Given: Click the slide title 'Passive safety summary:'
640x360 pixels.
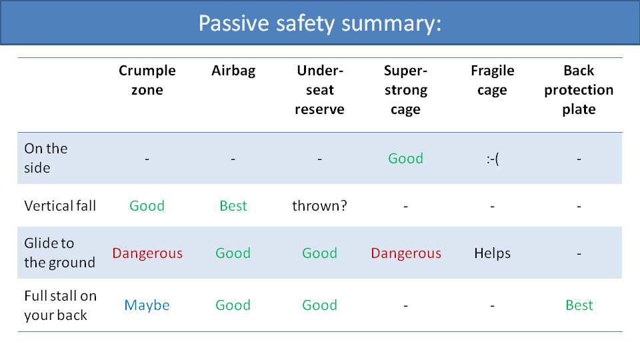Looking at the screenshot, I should pyautogui.click(x=320, y=23).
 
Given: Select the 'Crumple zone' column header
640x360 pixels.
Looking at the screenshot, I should pyautogui.click(x=147, y=80).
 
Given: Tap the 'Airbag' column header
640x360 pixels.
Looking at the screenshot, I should pyautogui.click(x=233, y=71).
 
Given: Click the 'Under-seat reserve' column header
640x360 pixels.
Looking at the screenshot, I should pyautogui.click(x=319, y=90).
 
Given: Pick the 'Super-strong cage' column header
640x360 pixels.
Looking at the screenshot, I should pyautogui.click(x=405, y=90).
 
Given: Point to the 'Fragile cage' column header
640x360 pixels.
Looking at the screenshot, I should pyautogui.click(x=492, y=80).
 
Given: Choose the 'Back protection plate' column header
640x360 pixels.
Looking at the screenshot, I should pyautogui.click(x=578, y=90).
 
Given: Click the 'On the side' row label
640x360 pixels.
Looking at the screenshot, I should pyautogui.click(x=46, y=158).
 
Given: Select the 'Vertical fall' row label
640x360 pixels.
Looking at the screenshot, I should pyautogui.click(x=60, y=206).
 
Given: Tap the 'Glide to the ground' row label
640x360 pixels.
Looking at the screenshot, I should pyautogui.click(x=59, y=253).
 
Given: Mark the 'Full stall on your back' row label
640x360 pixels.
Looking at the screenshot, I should pyautogui.click(x=60, y=305).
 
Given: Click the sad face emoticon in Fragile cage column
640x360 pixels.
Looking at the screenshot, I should pyautogui.click(x=492, y=159).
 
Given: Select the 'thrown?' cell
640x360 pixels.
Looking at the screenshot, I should pyautogui.click(x=319, y=206).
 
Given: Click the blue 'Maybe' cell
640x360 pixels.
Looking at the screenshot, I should pyautogui.click(x=147, y=305).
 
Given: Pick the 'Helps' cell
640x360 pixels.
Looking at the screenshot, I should pyautogui.click(x=492, y=253).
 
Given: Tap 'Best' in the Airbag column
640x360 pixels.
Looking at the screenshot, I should pyautogui.click(x=233, y=206).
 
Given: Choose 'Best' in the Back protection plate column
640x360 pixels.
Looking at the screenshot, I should pyautogui.click(x=579, y=305).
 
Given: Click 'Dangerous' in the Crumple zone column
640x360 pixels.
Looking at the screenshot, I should pyautogui.click(x=147, y=253).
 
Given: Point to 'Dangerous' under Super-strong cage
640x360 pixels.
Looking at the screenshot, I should pyautogui.click(x=405, y=253).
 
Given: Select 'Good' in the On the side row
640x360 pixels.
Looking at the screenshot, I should pyautogui.click(x=405, y=159).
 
